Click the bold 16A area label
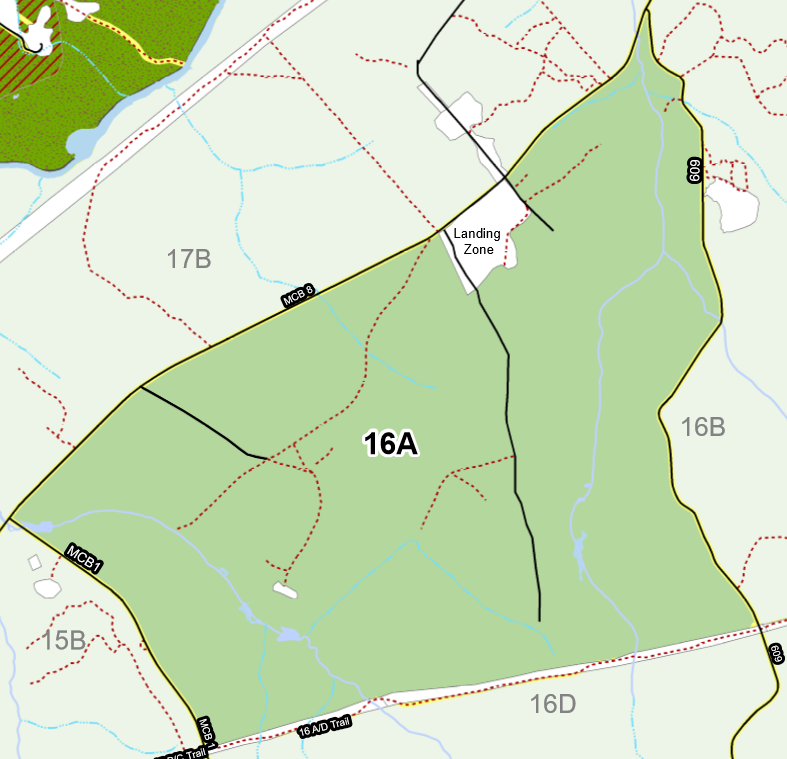click(x=389, y=444)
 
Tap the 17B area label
click(x=189, y=260)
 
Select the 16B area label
click(x=702, y=427)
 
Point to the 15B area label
click(x=63, y=640)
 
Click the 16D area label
click(x=553, y=704)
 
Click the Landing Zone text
click(x=477, y=241)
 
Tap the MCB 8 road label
click(x=297, y=295)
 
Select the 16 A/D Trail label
click(x=326, y=727)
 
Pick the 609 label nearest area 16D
click(x=776, y=652)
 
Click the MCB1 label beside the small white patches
click(x=84, y=558)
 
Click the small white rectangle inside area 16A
click(x=285, y=591)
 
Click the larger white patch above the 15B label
click(x=47, y=588)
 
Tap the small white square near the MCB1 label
click(x=36, y=562)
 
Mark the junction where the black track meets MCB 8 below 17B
click(x=141, y=387)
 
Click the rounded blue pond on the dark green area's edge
click(x=85, y=145)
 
